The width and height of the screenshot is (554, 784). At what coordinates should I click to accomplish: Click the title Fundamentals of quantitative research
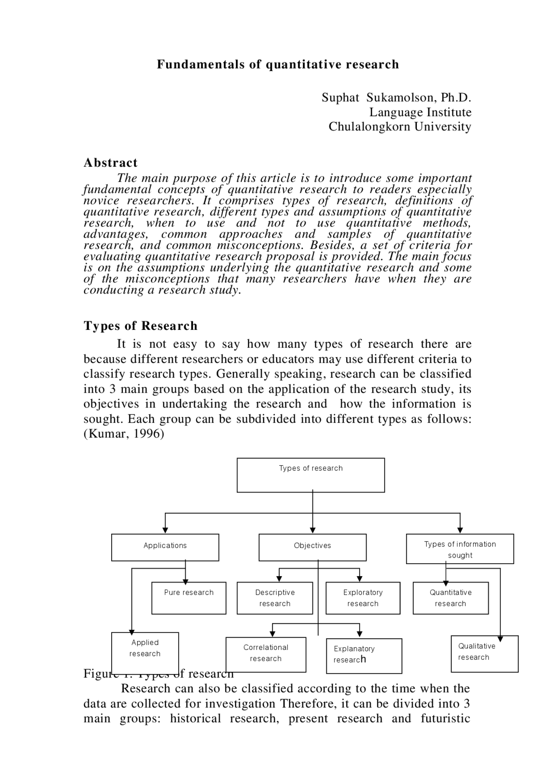[277, 65]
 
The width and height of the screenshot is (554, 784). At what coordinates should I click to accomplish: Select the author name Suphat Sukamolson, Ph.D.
[396, 97]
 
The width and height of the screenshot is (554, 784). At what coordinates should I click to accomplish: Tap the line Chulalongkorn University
[399, 126]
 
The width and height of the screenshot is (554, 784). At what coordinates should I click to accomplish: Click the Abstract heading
[110, 163]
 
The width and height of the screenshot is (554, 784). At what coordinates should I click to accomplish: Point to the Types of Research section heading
[140, 326]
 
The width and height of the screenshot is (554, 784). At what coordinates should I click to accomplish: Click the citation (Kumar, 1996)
[124, 434]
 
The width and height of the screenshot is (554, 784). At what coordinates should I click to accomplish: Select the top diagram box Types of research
[311, 475]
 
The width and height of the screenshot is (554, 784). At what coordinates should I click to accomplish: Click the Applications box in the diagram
[165, 547]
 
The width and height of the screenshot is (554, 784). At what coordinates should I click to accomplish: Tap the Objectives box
[312, 547]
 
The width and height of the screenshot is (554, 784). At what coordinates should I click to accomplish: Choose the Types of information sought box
[460, 549]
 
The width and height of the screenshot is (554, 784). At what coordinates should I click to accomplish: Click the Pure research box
[189, 598]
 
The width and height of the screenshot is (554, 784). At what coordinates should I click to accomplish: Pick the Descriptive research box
[275, 598]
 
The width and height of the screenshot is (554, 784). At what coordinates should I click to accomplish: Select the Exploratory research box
[363, 598]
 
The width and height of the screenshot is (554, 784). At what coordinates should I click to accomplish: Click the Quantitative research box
[451, 598]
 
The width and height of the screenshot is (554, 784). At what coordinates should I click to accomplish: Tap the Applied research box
[145, 652]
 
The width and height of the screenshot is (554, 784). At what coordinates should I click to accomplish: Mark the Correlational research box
[266, 654]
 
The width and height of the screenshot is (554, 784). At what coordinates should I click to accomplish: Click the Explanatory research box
[364, 655]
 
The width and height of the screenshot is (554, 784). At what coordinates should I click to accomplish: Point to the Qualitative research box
[484, 653]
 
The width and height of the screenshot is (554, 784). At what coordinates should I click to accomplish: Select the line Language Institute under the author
[420, 112]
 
